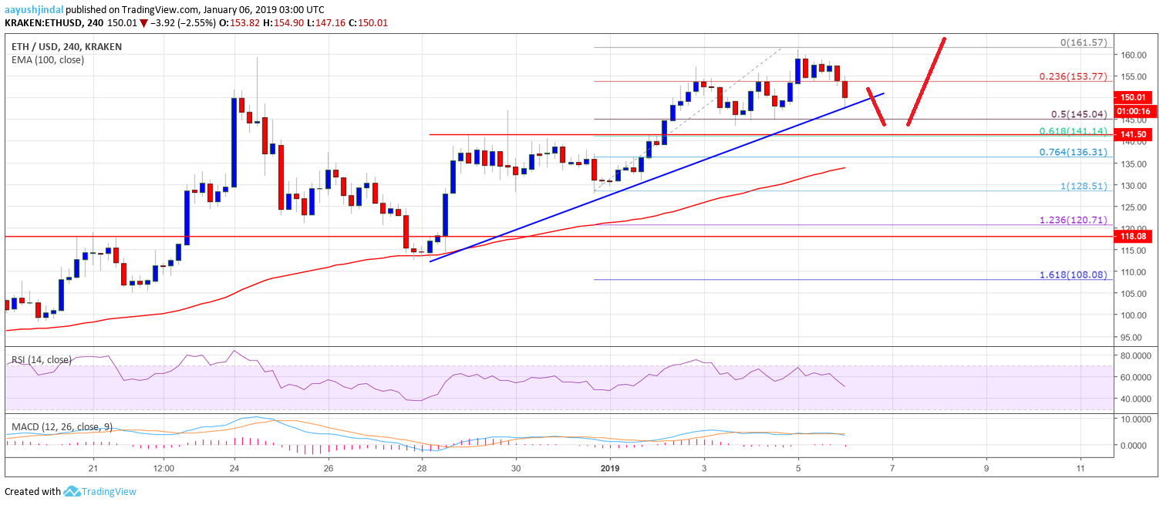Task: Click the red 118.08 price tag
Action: (x=1134, y=237)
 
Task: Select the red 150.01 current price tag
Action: (x=1134, y=98)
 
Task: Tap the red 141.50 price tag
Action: (x=1134, y=135)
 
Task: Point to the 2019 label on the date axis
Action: (x=609, y=467)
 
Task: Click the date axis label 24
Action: (x=234, y=467)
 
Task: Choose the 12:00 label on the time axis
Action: (x=163, y=467)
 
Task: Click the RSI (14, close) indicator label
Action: (x=39, y=359)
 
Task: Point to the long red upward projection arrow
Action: (x=925, y=81)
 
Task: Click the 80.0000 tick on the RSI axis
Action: (x=1135, y=355)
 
